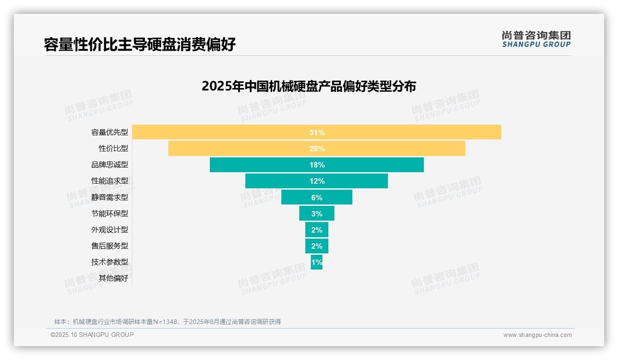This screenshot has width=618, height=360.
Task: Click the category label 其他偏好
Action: point(113,278)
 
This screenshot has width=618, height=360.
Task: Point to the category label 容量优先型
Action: point(110,132)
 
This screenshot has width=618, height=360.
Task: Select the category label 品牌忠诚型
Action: point(110,165)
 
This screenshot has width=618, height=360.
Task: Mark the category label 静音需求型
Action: point(110,197)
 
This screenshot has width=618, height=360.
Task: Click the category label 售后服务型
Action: point(110,246)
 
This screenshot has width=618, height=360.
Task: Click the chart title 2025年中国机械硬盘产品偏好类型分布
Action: point(309,86)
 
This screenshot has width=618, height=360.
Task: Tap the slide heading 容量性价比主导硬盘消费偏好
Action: point(140,44)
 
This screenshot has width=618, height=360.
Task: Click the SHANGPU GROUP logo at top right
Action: point(536,39)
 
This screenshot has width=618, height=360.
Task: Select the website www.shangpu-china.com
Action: point(537,335)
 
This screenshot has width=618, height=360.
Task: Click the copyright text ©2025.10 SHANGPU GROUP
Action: point(92,335)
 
